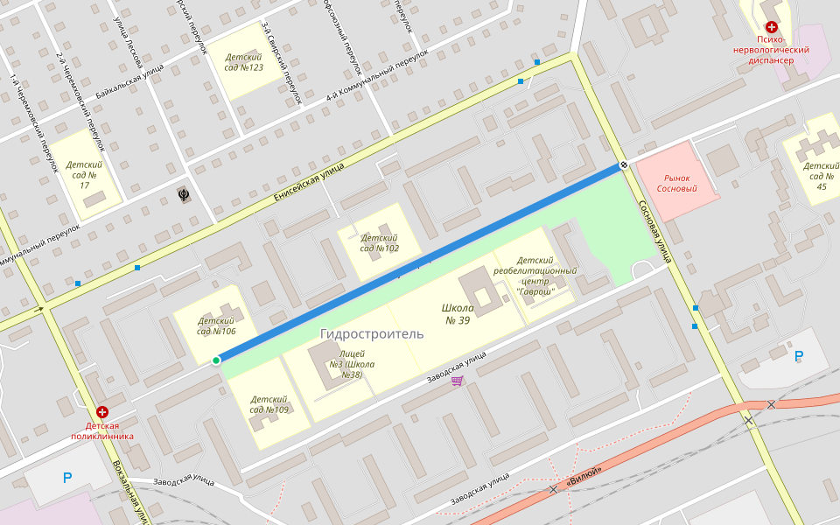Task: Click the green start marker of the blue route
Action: coord(216,360)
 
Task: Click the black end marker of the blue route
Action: coord(624,164)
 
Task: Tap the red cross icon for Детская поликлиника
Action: coord(102,412)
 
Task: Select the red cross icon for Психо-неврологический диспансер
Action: coord(771,28)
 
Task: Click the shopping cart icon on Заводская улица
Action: coord(457,381)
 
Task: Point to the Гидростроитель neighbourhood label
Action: coord(371,333)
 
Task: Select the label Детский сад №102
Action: coord(380,242)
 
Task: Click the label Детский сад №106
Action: coord(216,325)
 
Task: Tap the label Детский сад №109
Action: coord(269,403)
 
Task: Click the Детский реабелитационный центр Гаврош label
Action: coord(535,276)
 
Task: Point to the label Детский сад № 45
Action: coord(821,175)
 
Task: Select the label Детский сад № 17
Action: coord(84,175)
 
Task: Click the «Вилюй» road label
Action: coord(584,474)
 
